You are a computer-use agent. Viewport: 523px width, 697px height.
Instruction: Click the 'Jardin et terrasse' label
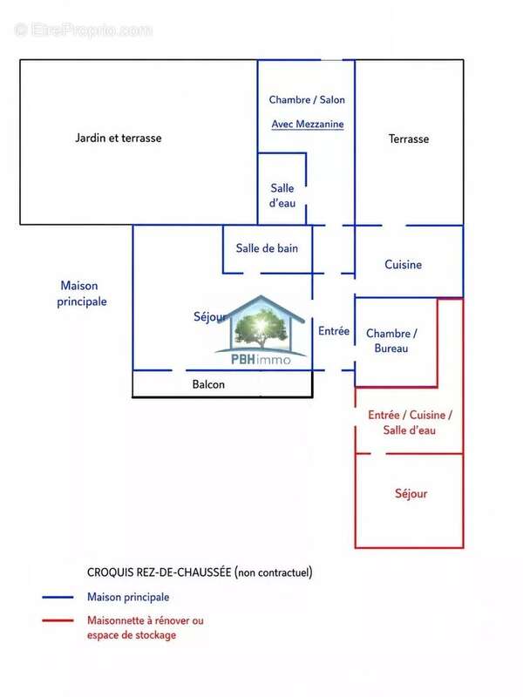pos(119,139)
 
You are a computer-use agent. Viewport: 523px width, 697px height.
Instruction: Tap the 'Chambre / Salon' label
pos(307,99)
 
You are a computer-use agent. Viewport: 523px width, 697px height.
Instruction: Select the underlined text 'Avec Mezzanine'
pos(308,124)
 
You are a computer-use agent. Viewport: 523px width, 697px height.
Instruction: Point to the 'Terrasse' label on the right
pos(409,139)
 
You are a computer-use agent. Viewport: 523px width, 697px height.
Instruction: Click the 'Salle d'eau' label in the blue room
pos(282,195)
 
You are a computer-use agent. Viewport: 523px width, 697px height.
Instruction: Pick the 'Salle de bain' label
pos(267,248)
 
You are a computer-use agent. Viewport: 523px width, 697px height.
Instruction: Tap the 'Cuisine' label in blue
pos(403,265)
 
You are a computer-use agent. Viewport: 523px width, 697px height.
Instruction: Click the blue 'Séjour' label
pos(210,317)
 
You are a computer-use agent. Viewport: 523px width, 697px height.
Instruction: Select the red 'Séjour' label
pos(411,493)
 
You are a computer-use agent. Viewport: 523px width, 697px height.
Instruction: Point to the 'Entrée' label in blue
pos(334,331)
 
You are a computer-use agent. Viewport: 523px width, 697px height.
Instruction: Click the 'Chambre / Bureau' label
pos(391,341)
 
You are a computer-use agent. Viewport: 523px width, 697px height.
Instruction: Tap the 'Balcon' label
pos(208,384)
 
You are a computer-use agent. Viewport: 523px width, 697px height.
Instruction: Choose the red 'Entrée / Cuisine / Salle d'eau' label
pos(410,423)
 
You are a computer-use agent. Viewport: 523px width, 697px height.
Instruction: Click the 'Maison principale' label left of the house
pos(81,294)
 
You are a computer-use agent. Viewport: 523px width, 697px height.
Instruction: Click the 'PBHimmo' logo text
pos(261,359)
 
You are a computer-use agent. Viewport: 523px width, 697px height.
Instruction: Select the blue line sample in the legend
pos(58,598)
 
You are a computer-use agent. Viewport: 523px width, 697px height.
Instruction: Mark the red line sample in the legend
pos(58,620)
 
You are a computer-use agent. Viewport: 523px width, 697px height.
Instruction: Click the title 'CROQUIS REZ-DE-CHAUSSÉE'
pos(159,572)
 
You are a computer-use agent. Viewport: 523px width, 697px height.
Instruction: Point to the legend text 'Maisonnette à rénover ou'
pos(146,620)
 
